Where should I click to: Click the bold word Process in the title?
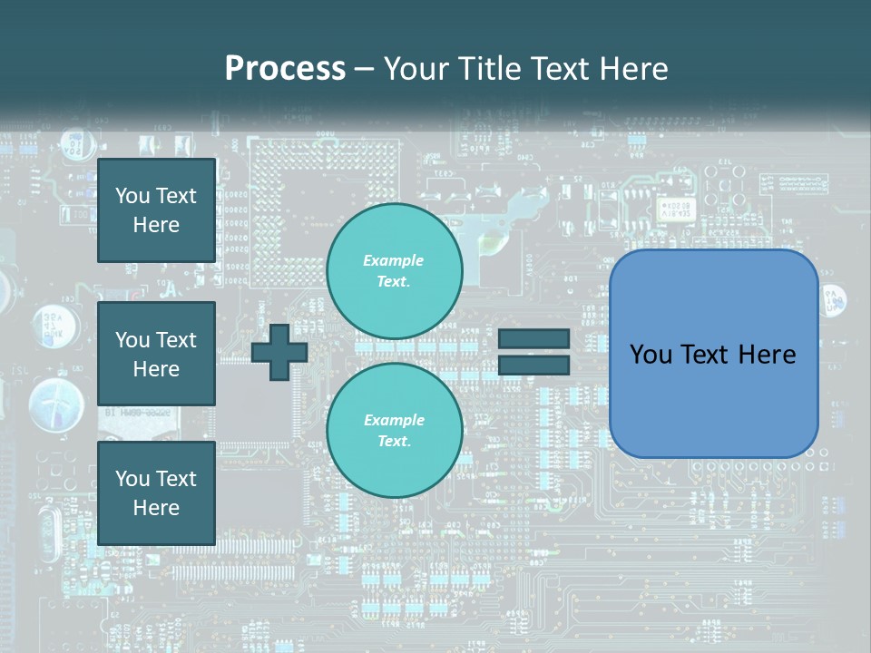285,69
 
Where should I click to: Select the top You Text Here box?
156,210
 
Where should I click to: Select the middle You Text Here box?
156,354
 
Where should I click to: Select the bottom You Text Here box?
156,492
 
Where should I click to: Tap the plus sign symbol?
279,352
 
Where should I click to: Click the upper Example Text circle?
394,270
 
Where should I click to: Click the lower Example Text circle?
394,430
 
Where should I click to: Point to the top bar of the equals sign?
533,339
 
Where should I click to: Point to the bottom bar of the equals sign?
533,365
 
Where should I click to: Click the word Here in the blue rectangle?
767,355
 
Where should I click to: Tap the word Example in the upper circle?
393,260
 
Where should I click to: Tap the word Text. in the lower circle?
394,442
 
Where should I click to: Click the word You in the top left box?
132,196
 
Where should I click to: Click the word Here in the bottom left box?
156,508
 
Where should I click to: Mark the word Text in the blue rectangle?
706,355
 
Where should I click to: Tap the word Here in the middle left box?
156,369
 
